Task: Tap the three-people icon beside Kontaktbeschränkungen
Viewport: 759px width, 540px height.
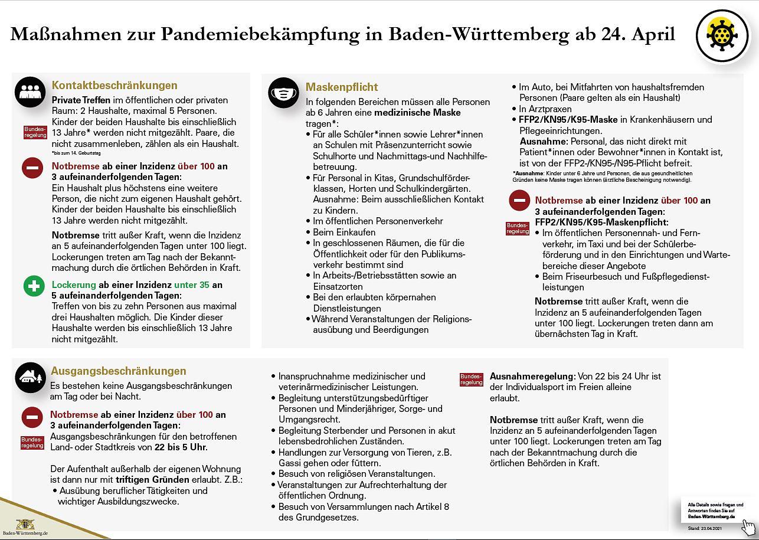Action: [x=30, y=92]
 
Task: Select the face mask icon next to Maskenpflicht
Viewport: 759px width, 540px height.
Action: [x=283, y=93]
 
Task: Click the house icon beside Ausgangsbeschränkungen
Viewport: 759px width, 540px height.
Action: [x=30, y=377]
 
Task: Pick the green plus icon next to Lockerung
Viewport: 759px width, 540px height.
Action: [x=34, y=286]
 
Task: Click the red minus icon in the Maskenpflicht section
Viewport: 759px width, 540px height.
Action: [x=519, y=201]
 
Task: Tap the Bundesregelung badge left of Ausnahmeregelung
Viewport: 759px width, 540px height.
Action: [x=471, y=379]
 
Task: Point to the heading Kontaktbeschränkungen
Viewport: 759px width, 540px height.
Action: [x=114, y=86]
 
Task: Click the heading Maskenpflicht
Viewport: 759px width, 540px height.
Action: [x=342, y=87]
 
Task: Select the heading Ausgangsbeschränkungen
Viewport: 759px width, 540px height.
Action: [x=119, y=371]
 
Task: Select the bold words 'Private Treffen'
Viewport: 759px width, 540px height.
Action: [x=81, y=100]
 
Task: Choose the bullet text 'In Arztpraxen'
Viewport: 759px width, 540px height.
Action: [x=545, y=109]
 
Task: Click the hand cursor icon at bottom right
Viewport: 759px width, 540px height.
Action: [x=748, y=526]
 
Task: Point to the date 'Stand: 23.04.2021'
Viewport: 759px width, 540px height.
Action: [x=704, y=528]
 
